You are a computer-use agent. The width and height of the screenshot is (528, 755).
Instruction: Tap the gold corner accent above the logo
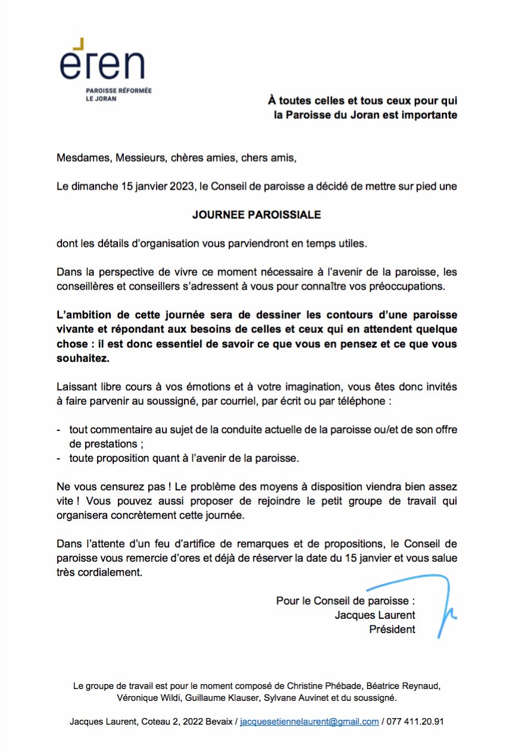coord(78,42)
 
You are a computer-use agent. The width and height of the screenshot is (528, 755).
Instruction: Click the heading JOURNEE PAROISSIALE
coord(257,215)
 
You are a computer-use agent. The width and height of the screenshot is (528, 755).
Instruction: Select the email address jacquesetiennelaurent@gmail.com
coord(310,722)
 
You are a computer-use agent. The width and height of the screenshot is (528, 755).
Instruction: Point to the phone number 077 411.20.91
coord(415,722)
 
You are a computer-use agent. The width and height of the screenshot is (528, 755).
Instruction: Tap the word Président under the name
coord(392,629)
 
